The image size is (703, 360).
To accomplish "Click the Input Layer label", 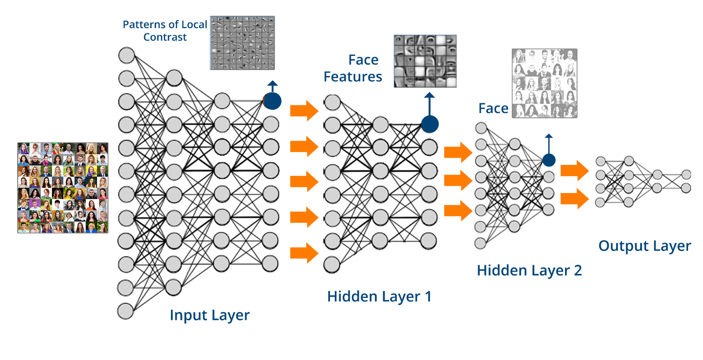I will click(x=210, y=315).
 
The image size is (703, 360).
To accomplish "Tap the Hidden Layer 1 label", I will click(x=379, y=297).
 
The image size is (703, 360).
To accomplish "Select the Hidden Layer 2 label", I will click(x=529, y=270).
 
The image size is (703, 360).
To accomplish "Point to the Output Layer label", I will click(x=645, y=246).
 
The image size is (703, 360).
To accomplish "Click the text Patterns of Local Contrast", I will click(x=165, y=30).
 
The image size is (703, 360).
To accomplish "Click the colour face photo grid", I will click(x=63, y=188).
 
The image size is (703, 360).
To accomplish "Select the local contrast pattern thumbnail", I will click(x=243, y=43).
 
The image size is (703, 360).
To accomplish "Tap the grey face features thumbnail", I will click(x=425, y=61).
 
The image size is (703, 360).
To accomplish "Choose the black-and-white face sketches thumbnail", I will click(x=544, y=83).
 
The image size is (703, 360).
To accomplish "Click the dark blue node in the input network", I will click(x=272, y=101).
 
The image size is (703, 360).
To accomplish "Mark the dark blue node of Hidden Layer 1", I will click(x=430, y=124).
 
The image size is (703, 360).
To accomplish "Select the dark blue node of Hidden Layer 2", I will click(x=549, y=160).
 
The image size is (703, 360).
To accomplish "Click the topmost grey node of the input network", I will click(x=127, y=55).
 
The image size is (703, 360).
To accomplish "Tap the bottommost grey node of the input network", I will click(x=125, y=311).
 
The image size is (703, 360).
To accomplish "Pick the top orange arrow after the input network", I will click(x=304, y=110).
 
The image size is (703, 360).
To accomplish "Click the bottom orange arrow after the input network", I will click(x=304, y=253).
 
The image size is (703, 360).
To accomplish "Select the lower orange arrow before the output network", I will click(x=575, y=198).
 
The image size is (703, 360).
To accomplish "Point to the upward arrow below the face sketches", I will click(x=549, y=143).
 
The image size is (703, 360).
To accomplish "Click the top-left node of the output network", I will click(x=600, y=161).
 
